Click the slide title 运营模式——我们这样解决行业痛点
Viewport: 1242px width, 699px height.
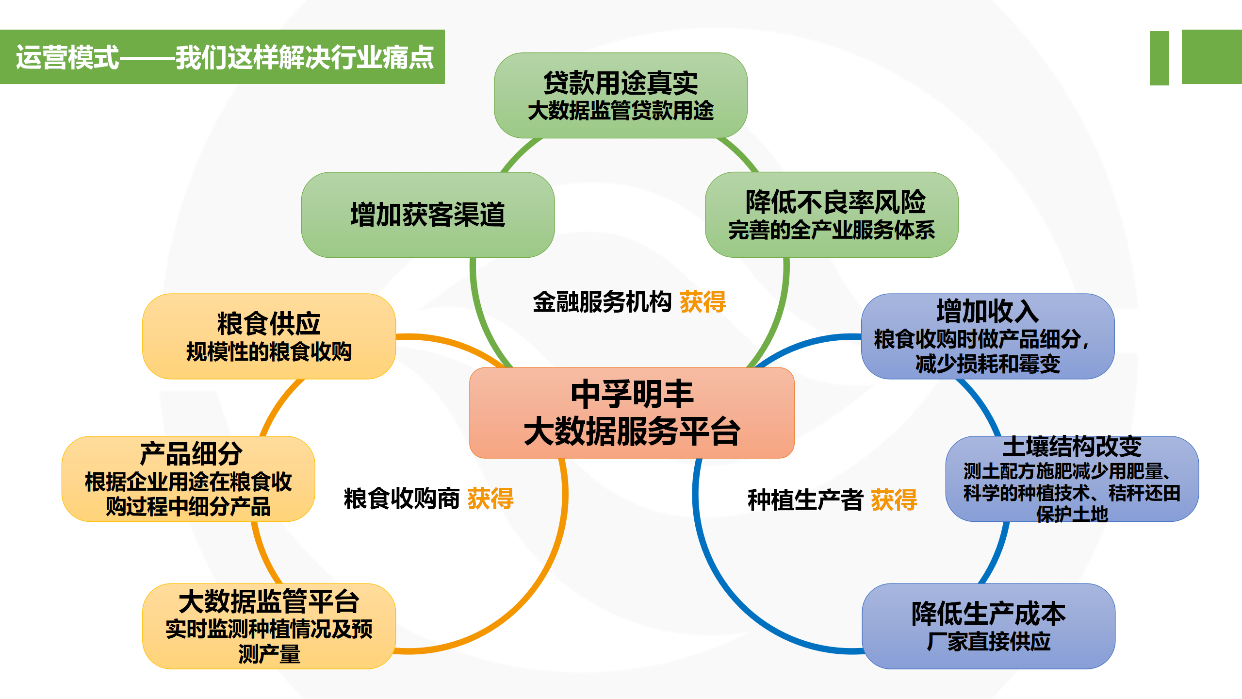224,57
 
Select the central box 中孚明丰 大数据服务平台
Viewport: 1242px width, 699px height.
632,413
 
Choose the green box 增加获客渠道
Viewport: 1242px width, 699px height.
427,215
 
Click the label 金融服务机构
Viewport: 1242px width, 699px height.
602,302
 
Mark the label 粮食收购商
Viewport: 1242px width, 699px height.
402,499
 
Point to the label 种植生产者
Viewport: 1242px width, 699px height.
805,500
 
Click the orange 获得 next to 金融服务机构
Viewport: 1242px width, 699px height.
703,302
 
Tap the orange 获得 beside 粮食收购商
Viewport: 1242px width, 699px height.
490,499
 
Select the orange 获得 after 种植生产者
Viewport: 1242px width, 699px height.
894,500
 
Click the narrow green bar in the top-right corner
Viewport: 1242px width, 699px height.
1159,58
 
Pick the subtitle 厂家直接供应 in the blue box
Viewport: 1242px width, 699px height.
988,642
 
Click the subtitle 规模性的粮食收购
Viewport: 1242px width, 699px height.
269,352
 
